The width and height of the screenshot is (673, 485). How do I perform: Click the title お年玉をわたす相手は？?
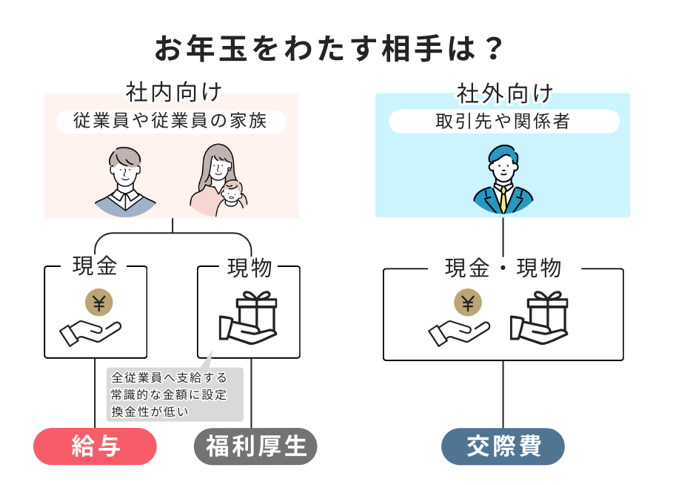329,49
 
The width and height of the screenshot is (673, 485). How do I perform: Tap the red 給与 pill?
96,446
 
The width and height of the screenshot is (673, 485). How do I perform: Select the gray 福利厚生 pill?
255,446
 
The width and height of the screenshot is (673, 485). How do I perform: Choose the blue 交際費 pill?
503,446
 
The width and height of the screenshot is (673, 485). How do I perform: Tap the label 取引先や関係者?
503,121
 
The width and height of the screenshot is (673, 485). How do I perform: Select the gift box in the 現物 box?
256,311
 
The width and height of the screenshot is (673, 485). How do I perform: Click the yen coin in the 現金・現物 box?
467,302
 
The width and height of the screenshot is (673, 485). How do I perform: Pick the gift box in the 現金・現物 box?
546,311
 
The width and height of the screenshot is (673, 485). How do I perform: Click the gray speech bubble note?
175,394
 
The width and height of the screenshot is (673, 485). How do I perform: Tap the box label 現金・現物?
503,268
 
